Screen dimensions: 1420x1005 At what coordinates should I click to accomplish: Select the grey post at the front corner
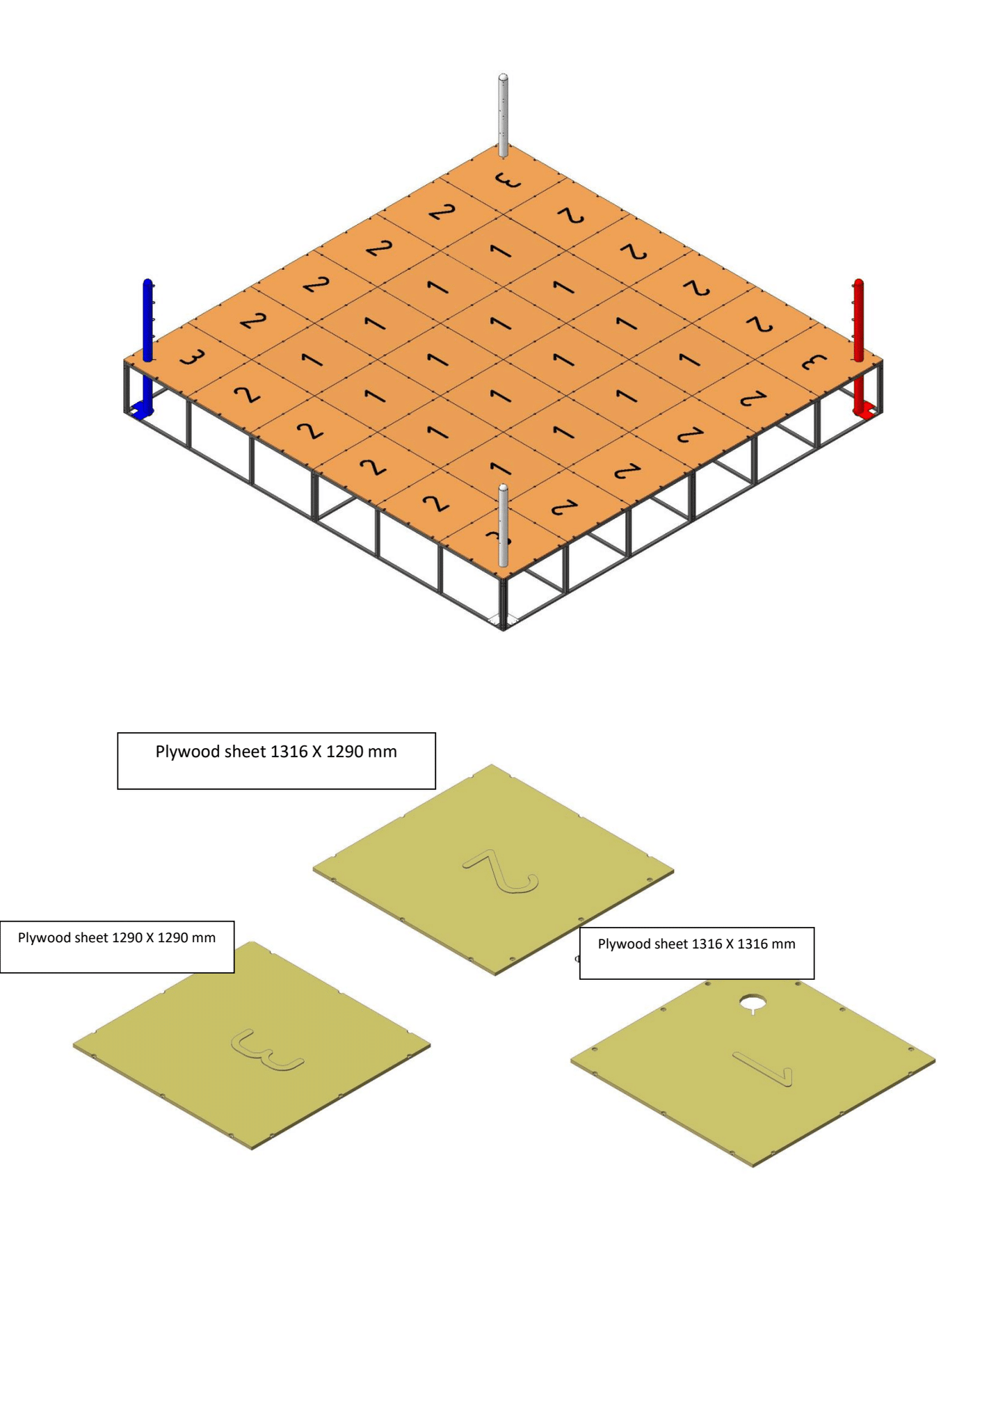[x=503, y=526]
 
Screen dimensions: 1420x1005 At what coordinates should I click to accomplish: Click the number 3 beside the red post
[x=813, y=362]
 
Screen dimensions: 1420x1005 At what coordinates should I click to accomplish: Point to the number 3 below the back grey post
[x=507, y=181]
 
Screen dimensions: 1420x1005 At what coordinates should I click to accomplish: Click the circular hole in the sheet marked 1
[x=752, y=1002]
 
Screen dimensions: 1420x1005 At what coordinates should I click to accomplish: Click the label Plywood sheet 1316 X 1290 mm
[x=276, y=752]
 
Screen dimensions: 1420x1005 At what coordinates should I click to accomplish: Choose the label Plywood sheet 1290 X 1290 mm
[x=117, y=938]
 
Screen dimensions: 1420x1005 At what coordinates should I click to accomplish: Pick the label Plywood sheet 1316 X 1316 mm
[x=696, y=944]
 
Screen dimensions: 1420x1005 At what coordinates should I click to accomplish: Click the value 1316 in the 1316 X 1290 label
[x=288, y=752]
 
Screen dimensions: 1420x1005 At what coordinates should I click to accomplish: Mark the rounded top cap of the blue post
[x=147, y=282]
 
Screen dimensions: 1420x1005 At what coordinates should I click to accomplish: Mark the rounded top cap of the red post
[x=858, y=282]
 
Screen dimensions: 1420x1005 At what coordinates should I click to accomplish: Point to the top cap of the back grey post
[x=503, y=77]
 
